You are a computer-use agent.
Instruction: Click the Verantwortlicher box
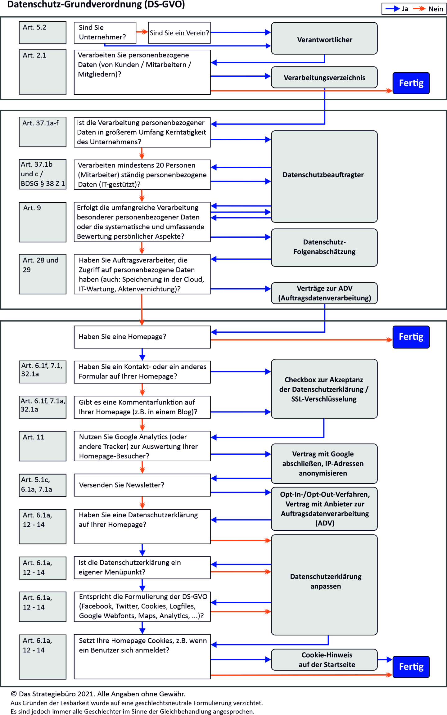click(324, 38)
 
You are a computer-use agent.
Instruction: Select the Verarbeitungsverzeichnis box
click(324, 78)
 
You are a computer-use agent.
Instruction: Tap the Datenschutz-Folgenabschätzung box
click(324, 247)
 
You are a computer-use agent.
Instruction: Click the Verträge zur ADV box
click(324, 293)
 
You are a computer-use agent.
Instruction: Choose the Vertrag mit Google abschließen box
click(324, 463)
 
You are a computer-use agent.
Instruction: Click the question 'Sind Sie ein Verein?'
click(179, 33)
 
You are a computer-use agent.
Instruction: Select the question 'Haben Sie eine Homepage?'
click(142, 337)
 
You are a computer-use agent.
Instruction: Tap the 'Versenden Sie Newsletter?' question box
click(142, 485)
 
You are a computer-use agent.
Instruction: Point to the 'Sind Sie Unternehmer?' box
click(105, 33)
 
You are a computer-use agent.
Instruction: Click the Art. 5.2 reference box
click(43, 33)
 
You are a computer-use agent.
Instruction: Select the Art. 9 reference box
click(43, 222)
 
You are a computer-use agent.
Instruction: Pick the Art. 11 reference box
click(43, 446)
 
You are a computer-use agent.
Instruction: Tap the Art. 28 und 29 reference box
click(43, 274)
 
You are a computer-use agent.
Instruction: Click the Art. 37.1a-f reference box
click(43, 132)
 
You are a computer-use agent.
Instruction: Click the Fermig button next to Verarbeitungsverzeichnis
click(411, 83)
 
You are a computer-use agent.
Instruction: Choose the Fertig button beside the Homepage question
click(411, 337)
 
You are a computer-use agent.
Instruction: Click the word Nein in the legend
click(436, 9)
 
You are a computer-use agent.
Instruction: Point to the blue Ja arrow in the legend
click(392, 9)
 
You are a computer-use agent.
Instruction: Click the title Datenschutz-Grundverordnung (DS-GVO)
click(96, 5)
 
